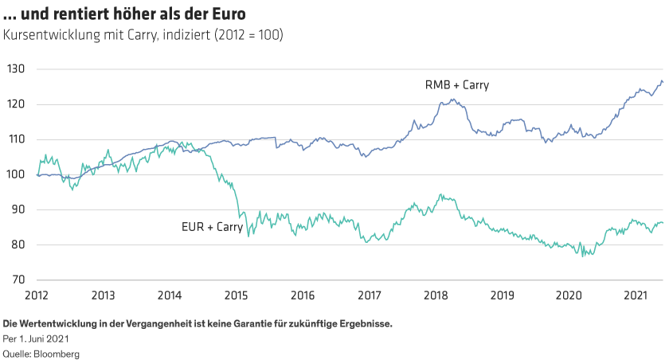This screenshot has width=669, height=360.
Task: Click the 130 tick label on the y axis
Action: [17, 69]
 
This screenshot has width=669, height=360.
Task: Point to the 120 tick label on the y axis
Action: [17, 104]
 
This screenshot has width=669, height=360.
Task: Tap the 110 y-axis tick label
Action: [17, 139]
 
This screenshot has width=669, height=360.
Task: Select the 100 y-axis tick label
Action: [17, 174]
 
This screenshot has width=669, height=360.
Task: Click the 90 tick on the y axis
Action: [18, 209]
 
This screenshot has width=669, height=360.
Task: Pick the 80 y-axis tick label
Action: [18, 245]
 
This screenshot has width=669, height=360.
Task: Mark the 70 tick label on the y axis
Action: [18, 280]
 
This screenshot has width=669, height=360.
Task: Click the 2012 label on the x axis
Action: [38, 295]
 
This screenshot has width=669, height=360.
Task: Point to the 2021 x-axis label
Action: [634, 295]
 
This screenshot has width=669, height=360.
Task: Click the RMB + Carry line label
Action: [457, 85]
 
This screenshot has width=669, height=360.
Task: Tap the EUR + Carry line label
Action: [212, 227]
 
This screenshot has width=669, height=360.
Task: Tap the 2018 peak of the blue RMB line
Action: [452, 100]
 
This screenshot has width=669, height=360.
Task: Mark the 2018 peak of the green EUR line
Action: [442, 194]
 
